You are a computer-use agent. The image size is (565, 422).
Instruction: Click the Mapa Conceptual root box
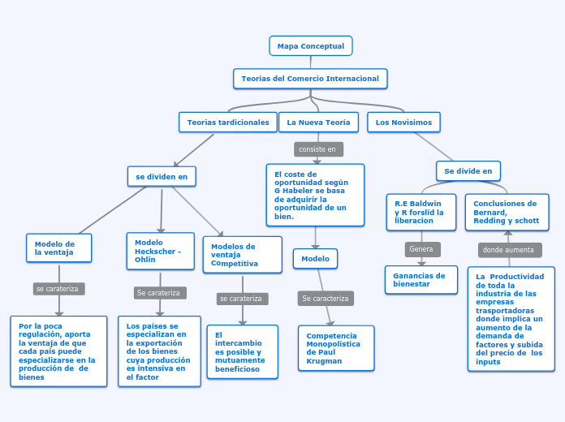point(310,46)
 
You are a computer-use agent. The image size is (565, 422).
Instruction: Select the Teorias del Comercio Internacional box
point(310,79)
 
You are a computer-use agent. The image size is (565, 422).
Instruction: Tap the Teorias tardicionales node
point(227,123)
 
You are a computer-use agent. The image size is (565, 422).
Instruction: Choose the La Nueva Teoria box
point(318,123)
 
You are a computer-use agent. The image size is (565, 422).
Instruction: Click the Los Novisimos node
point(404,123)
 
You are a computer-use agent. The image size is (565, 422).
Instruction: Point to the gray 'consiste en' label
point(317,149)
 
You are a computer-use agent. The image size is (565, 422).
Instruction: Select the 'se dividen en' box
point(162,176)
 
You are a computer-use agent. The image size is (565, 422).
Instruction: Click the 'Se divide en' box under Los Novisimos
point(468,171)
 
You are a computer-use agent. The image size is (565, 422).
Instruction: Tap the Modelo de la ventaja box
point(58,248)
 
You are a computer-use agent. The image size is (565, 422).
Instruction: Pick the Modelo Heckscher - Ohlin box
point(160,251)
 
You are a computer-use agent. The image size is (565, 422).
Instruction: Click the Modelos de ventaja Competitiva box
point(242,255)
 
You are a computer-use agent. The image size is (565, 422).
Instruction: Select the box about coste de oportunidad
point(315,195)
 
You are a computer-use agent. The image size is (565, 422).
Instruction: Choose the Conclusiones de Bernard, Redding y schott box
point(507,212)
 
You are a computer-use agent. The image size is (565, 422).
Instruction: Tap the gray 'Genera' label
point(421,249)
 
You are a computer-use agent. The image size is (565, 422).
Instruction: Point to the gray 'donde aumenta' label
point(508,250)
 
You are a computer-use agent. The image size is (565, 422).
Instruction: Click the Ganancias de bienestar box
point(421,280)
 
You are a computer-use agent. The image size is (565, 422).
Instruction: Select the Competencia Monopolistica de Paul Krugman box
point(335,348)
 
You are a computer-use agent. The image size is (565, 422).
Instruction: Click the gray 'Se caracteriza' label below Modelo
point(325,299)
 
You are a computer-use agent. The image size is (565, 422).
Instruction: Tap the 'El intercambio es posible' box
point(242,352)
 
